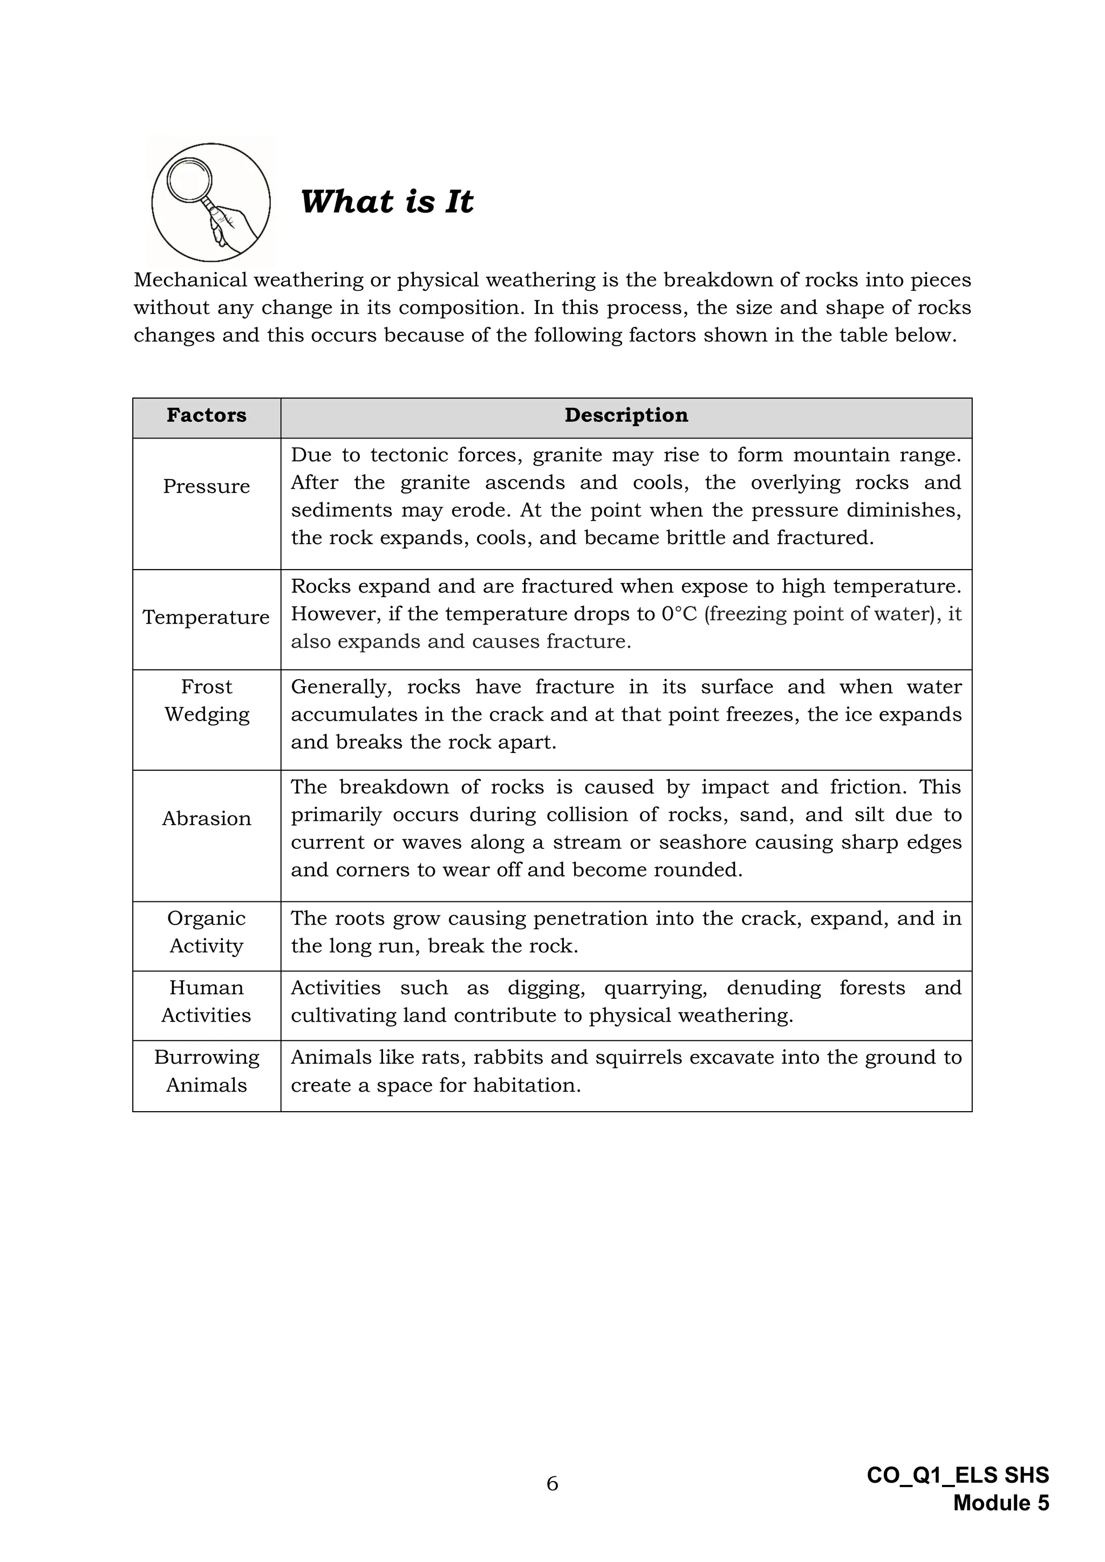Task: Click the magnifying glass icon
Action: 210,202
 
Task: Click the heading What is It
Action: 386,202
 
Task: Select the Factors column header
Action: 206,415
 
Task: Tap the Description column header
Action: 626,415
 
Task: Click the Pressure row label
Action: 206,487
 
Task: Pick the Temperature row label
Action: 206,617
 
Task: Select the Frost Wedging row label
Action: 206,700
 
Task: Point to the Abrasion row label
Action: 206,818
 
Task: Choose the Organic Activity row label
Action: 206,932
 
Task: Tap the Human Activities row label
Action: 206,1002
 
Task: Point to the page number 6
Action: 552,1483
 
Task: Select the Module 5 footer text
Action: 1001,1503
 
